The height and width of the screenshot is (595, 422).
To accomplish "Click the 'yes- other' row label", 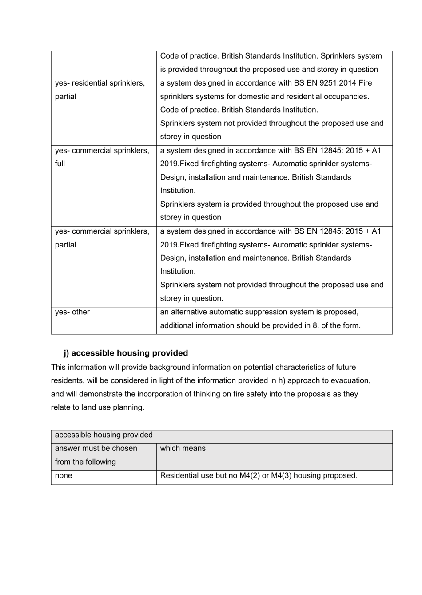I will coord(72,312).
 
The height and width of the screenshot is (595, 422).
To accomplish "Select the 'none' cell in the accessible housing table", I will coord(64,476).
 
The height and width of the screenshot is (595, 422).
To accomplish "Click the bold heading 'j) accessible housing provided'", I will coord(126,353).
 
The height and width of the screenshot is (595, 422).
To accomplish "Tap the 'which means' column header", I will coord(183,449).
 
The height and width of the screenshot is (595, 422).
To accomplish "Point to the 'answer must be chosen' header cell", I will coord(96,449).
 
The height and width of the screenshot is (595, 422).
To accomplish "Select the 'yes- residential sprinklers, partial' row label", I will coord(100,90).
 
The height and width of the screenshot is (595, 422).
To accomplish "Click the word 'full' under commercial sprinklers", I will coord(60,164).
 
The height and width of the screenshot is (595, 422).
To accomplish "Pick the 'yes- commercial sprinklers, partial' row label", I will coord(102,238).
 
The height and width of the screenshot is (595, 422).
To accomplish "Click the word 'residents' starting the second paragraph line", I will coord(67,381).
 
